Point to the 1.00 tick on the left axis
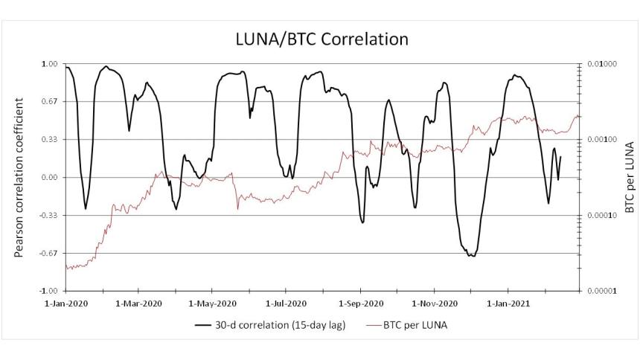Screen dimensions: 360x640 (49, 64)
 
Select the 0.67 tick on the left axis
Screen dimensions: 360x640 (49, 102)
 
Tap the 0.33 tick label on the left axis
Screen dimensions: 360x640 (49, 140)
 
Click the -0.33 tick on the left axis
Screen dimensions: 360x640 (48, 216)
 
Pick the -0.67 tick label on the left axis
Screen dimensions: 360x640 (48, 254)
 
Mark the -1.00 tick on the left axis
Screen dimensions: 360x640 (48, 291)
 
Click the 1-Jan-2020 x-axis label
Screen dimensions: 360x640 (66, 303)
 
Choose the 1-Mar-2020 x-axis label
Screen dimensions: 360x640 (139, 303)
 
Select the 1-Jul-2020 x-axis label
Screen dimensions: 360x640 (285, 303)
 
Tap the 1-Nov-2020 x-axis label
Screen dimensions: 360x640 (432, 303)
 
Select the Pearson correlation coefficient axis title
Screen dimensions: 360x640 (20, 177)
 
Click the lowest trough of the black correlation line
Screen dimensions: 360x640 (470, 256)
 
